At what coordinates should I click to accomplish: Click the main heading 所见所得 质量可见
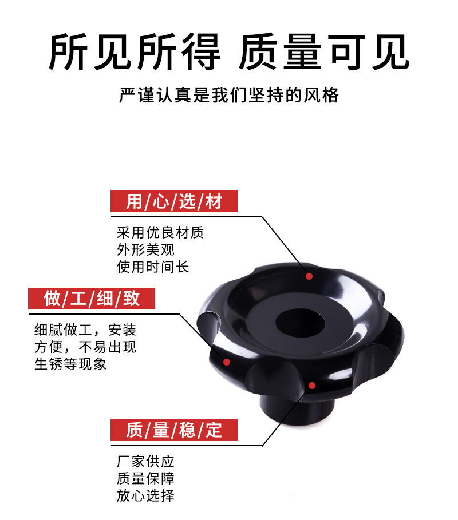[229, 53]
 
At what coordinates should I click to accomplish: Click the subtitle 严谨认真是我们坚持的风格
[229, 94]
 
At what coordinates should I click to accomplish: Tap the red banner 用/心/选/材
[174, 201]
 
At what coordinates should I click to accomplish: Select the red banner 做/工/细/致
[92, 298]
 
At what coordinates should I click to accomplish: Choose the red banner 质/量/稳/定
[174, 429]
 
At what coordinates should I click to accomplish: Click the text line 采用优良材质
[160, 233]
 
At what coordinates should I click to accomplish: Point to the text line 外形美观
[145, 250]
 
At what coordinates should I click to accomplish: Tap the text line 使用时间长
[153, 267]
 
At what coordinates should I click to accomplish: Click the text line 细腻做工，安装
[85, 330]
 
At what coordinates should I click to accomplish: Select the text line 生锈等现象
[70, 364]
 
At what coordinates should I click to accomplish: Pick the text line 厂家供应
[145, 462]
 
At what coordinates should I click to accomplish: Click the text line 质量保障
[145, 478]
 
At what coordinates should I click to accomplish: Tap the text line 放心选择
[145, 495]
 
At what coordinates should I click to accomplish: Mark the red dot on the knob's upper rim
[309, 276]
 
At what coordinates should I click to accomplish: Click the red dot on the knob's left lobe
[227, 362]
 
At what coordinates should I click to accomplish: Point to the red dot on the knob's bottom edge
[312, 384]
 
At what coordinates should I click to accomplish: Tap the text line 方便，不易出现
[85, 347]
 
